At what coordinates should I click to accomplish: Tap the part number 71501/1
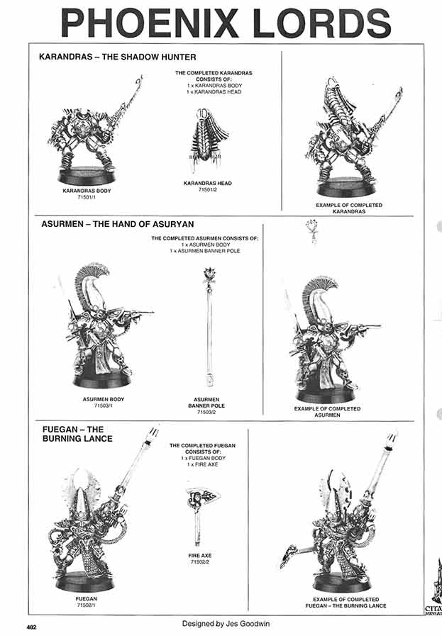pyautogui.click(x=87, y=198)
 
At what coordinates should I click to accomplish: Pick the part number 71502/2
pyautogui.click(x=201, y=562)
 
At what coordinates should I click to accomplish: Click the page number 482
pyautogui.click(x=32, y=627)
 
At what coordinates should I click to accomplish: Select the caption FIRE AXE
pyautogui.click(x=201, y=556)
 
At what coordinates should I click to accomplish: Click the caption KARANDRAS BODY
pyautogui.click(x=87, y=191)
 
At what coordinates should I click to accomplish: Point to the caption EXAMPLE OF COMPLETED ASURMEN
pyautogui.click(x=327, y=412)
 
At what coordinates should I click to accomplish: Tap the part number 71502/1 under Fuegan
pyautogui.click(x=86, y=605)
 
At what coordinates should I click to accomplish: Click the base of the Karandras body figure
pyautogui.click(x=86, y=175)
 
